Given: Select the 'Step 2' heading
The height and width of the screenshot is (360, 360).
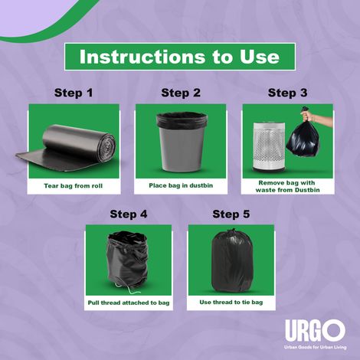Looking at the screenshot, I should pos(180,93).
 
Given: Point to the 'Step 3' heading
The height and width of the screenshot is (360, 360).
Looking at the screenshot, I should pos(287,93).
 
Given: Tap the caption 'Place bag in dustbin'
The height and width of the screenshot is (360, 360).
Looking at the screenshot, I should pos(180,186).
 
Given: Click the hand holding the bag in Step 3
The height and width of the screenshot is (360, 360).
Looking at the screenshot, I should pos(320,117).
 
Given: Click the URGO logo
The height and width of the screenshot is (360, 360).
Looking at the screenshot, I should pos(314,330).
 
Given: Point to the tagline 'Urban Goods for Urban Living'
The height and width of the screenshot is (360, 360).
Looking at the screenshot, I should pos(314,347).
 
